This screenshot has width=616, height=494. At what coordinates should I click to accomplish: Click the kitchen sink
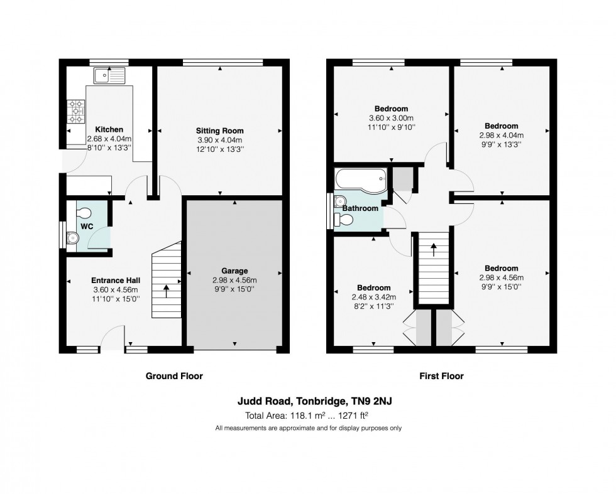pyautogui.click(x=109, y=75)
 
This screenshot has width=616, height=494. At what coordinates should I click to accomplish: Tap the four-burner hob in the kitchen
pyautogui.click(x=76, y=111)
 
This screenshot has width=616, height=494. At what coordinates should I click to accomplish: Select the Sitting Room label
pyautogui.click(x=219, y=131)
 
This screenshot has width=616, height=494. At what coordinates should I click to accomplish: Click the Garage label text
pyautogui.click(x=234, y=271)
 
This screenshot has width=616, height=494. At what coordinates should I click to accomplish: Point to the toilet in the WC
pyautogui.click(x=83, y=213)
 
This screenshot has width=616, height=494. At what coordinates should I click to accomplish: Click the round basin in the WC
pyautogui.click(x=73, y=238)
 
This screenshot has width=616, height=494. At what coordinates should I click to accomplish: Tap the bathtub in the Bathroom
pyautogui.click(x=361, y=181)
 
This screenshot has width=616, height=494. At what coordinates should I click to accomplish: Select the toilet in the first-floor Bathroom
pyautogui.click(x=343, y=220)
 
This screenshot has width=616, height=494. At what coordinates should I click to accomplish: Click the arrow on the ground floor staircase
pyautogui.click(x=166, y=291)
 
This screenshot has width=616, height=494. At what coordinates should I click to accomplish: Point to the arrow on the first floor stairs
pyautogui.click(x=433, y=250)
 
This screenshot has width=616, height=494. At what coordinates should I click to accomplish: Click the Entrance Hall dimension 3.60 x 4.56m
pyautogui.click(x=116, y=290)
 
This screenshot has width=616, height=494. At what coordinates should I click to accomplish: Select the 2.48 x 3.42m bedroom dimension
pyautogui.click(x=373, y=297)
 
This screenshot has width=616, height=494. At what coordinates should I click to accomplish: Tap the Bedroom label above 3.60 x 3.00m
pyautogui.click(x=391, y=109)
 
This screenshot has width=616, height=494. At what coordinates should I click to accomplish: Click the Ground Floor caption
pyautogui.click(x=174, y=376)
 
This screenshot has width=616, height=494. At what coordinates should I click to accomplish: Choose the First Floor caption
pyautogui.click(x=441, y=376)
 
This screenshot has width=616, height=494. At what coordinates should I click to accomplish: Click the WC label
pyautogui.click(x=87, y=227)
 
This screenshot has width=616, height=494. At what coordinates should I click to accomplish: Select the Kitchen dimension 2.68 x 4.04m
pyautogui.click(x=109, y=139)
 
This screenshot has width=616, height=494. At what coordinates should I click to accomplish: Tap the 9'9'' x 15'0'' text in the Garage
pyautogui.click(x=234, y=289)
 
